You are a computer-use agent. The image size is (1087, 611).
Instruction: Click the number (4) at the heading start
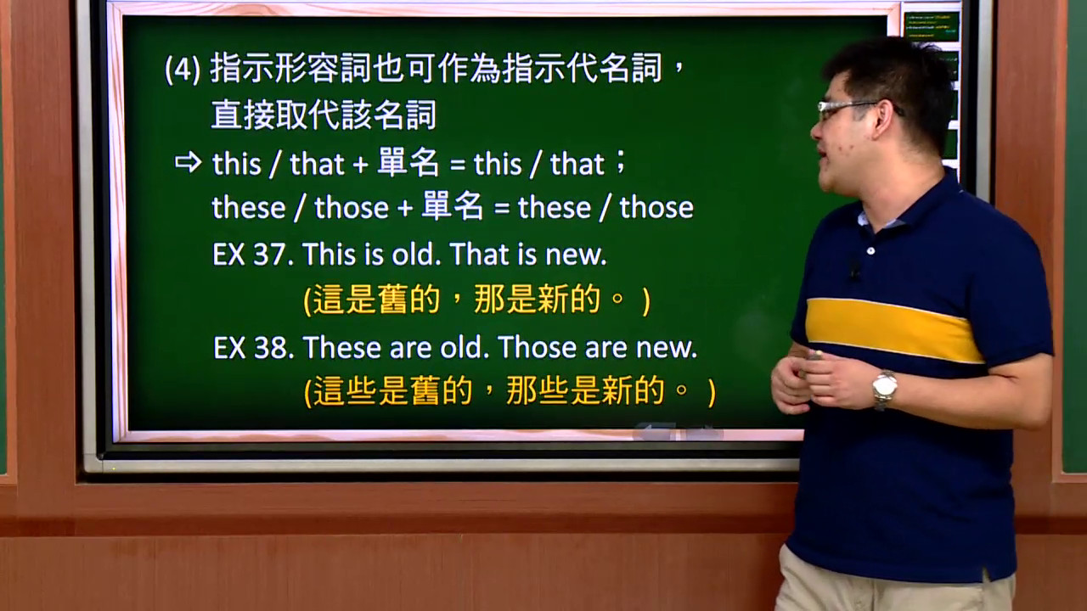coord(183,70)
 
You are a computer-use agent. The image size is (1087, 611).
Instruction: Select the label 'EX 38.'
coord(254,347)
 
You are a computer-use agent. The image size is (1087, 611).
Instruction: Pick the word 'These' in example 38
coord(342,347)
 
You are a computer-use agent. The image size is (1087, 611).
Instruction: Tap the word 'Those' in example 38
coord(537,347)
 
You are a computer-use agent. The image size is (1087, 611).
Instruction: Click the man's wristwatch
coord(884,389)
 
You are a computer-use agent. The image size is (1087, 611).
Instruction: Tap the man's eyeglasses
coord(854,109)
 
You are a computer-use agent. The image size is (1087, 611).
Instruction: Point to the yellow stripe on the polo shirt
coord(892,329)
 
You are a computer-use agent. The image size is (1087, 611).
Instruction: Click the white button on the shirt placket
coord(871,250)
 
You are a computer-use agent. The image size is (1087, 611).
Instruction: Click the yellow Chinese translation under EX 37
coord(476,300)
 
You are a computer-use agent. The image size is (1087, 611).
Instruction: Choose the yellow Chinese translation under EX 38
coord(510,391)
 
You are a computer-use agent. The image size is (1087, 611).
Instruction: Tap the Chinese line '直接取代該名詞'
coord(324,115)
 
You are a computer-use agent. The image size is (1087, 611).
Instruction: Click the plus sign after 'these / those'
coord(405,209)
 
